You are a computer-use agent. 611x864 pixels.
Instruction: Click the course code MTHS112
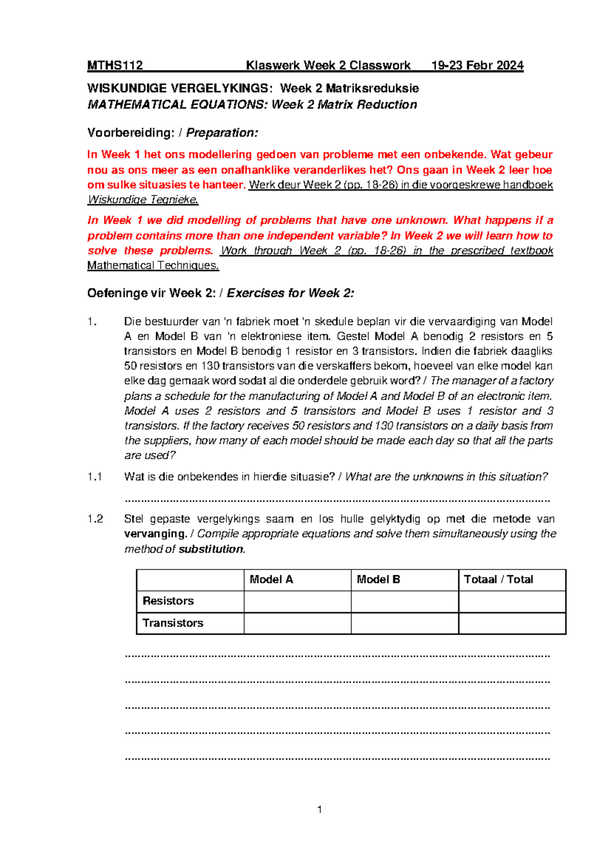[x=115, y=65]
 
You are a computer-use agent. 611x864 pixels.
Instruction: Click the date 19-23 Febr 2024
[x=477, y=65]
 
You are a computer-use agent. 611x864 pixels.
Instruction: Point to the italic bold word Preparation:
[x=222, y=132]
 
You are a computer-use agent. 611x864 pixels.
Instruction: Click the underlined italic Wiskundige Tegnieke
[x=143, y=200]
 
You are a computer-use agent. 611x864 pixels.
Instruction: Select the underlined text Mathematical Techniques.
[x=153, y=265]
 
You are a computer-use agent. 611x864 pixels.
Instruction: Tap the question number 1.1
[x=95, y=477]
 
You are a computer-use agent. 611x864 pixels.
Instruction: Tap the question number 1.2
[x=95, y=519]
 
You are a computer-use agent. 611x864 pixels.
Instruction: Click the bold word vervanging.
[x=155, y=534]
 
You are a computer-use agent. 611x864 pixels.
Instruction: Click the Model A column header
[x=271, y=579]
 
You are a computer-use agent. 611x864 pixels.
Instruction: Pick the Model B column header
[x=378, y=579]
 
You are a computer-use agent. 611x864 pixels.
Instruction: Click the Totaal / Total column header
[x=498, y=579]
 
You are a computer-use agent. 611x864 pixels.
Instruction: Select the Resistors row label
[x=168, y=601]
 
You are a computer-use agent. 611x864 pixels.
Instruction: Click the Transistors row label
[x=173, y=623]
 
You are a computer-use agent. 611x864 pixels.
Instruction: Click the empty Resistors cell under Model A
[x=297, y=602]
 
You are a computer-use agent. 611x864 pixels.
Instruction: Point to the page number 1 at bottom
[x=319, y=809]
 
